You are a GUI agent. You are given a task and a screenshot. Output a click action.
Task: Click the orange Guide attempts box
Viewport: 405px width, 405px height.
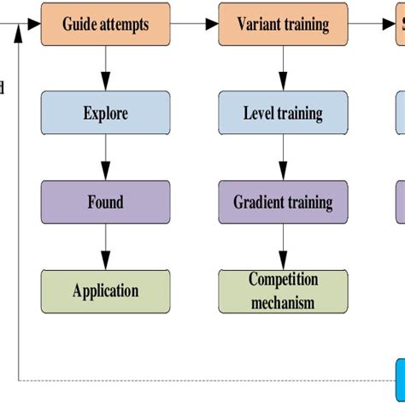point(105,24)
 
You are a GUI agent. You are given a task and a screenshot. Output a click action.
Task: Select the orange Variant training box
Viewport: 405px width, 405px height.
point(284,24)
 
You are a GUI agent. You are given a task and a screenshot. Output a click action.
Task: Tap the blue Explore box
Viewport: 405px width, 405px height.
point(105,113)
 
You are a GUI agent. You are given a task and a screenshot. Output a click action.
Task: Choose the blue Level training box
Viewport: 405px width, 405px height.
point(284,113)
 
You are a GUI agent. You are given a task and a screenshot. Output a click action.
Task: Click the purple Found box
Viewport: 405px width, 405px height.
point(105,202)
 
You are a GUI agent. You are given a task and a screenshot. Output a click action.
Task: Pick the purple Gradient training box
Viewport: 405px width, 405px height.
point(284,202)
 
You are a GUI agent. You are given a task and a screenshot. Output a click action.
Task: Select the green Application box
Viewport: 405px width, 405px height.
point(105,291)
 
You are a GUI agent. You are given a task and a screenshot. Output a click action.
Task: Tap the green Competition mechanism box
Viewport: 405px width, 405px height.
point(284,291)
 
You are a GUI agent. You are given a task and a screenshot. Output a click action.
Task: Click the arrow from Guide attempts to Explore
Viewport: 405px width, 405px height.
point(105,68)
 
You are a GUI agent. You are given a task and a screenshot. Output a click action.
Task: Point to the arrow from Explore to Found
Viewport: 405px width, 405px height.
point(105,158)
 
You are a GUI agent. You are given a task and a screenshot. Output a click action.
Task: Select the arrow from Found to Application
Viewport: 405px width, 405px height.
point(105,247)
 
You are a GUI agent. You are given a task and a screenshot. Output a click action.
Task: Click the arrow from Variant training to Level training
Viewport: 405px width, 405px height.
point(283,68)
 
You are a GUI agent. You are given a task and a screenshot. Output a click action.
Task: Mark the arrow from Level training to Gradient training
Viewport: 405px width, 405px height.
point(283,158)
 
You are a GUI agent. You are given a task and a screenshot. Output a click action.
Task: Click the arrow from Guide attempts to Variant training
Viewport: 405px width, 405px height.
point(194,24)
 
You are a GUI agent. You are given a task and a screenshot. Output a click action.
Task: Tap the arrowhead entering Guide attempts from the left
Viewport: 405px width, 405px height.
point(34,24)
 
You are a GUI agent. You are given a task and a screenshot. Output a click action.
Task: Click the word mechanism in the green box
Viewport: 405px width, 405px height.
point(284,302)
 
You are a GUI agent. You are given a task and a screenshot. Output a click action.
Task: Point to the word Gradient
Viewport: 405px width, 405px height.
point(260,202)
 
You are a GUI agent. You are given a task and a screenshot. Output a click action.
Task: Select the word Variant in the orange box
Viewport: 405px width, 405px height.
point(258,24)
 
